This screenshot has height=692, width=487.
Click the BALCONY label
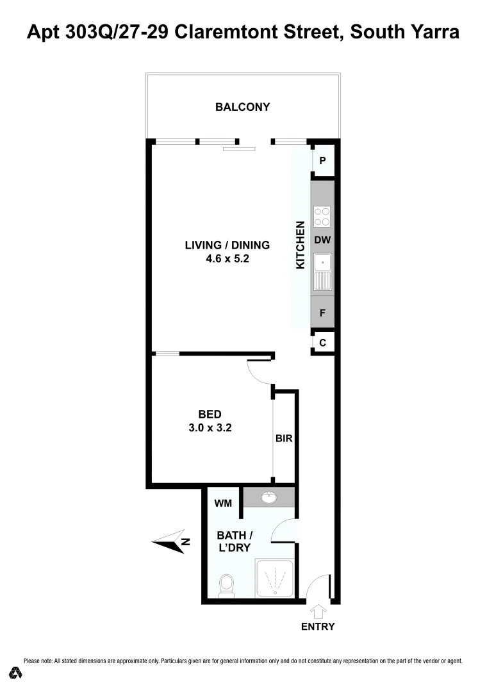[242, 107]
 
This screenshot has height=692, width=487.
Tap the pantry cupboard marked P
[322, 161]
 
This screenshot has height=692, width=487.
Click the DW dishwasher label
[322, 240]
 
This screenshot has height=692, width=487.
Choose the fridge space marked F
[322, 315]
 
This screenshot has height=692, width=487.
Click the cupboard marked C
[322, 343]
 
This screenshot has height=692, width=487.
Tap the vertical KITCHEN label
[300, 245]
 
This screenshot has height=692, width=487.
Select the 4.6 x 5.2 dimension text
[227, 259]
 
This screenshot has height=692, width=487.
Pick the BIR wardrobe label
[285, 439]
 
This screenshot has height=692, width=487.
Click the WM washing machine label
[222, 504]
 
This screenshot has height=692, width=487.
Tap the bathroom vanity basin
[268, 498]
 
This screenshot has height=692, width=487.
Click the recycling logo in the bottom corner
[16, 673]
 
